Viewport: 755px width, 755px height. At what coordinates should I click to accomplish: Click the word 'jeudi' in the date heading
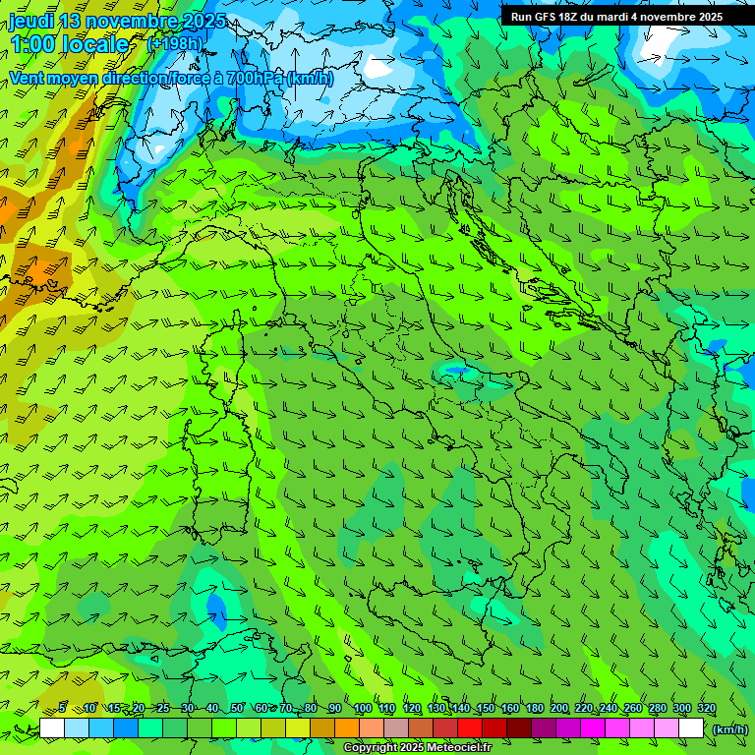(x=30, y=22)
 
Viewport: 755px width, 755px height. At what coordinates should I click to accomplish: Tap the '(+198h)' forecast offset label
(x=175, y=43)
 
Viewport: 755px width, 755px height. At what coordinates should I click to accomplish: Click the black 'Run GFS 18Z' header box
(x=616, y=16)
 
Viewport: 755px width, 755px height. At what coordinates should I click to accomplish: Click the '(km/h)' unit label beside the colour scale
(x=730, y=729)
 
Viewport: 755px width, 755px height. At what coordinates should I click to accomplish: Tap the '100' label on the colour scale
(x=362, y=709)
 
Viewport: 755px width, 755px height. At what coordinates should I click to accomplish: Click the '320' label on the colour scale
(x=706, y=709)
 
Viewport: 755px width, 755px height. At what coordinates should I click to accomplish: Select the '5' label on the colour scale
(x=62, y=709)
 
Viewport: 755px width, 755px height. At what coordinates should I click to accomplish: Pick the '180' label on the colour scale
(x=534, y=709)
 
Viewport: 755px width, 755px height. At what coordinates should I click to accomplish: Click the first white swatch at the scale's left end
(x=52, y=728)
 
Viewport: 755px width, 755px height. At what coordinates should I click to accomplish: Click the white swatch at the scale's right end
(x=691, y=728)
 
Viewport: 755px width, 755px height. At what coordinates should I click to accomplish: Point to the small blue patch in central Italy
(x=455, y=372)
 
